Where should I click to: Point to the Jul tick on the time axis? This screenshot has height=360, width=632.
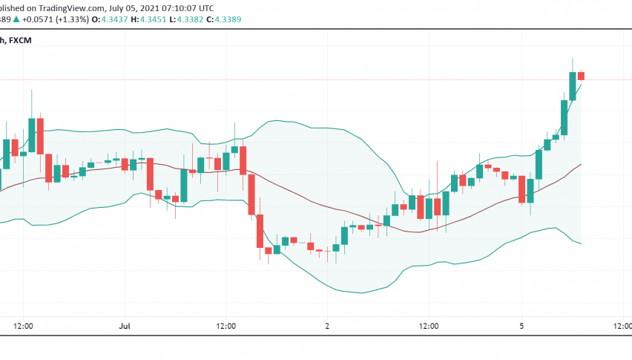[x=125, y=326]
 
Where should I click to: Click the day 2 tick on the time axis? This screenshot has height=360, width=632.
[x=327, y=326]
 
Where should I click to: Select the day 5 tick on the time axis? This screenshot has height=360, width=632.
[x=521, y=326]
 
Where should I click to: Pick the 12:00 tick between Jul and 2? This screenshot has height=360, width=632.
[x=226, y=326]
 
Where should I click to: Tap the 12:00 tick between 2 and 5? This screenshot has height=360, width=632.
[x=429, y=326]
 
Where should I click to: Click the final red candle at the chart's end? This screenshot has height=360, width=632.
[x=582, y=76]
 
